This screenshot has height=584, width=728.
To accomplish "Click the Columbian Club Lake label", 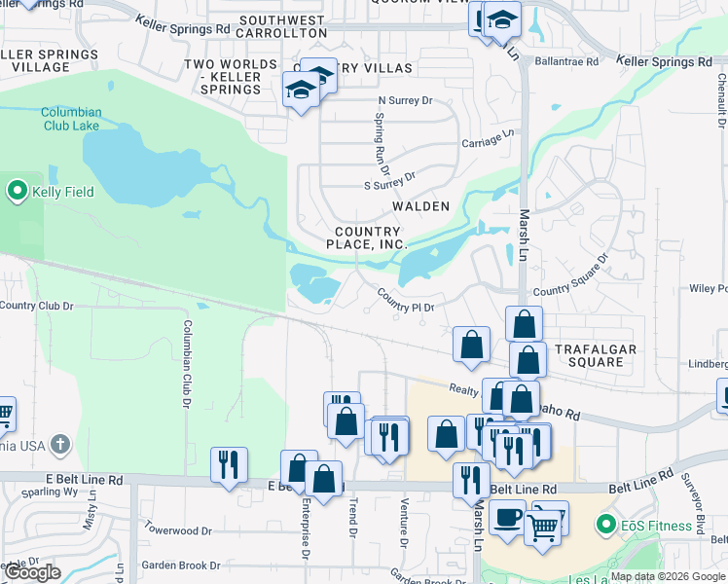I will coord(71,119).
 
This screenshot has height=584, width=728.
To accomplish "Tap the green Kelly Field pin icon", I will coord(17,191).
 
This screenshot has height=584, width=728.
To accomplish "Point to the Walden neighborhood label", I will coord(420,206).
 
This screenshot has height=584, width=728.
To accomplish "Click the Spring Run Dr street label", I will coord(381,138).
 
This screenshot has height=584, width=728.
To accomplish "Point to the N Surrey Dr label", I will coord(405,100).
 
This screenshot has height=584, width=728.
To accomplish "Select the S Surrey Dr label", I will coord(389,180).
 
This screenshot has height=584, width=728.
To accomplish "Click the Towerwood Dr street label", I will coord(177,531).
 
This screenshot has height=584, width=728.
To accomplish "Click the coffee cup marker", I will coord(506,518).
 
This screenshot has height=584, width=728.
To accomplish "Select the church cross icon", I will coord(60,446).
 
